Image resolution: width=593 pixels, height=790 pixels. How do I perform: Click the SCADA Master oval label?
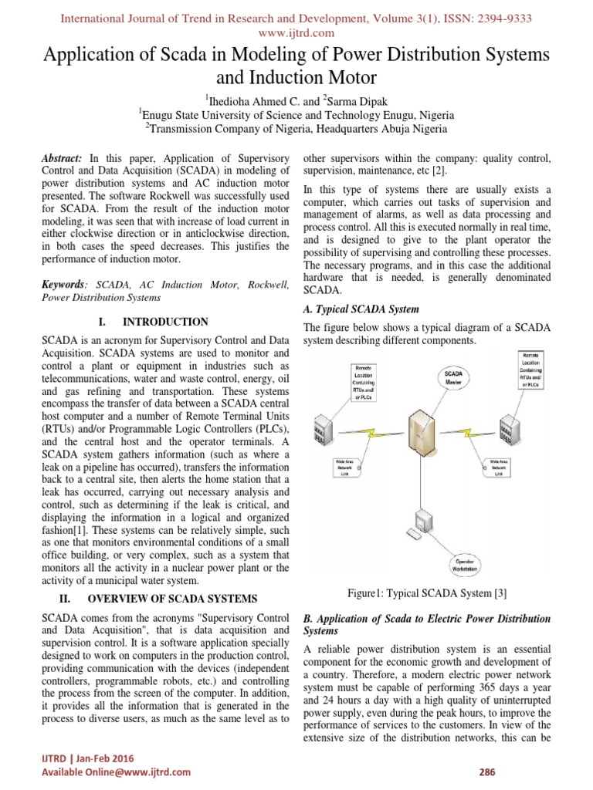pos(455,377)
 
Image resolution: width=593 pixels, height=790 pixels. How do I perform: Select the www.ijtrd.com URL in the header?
pos(296,32)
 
